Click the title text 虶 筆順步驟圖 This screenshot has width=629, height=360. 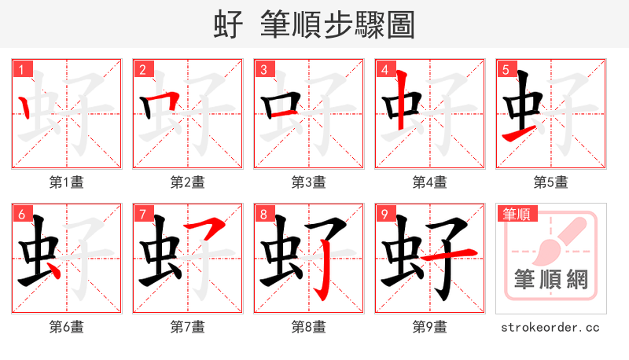click(x=314, y=24)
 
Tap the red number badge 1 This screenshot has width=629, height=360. click(x=21, y=69)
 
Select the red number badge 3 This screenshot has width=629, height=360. click(x=263, y=69)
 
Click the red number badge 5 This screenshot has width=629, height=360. click(x=506, y=69)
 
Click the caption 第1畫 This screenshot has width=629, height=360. click(x=67, y=182)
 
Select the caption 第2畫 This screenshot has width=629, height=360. click(x=188, y=182)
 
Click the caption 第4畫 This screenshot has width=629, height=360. click(x=430, y=182)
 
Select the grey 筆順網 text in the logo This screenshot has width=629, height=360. click(x=551, y=280)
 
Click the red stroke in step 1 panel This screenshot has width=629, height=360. click(x=26, y=105)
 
